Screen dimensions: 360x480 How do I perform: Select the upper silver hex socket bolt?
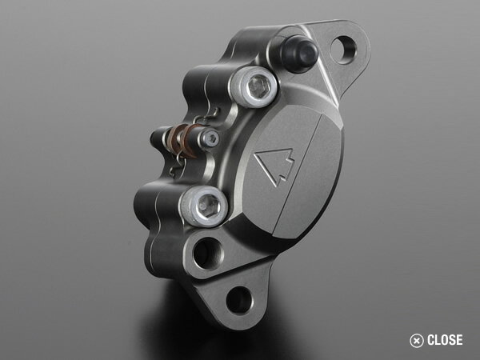pyautogui.click(x=257, y=86)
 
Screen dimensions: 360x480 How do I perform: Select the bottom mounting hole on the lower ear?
pyautogui.click(x=238, y=301)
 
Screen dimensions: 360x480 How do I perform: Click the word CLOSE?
pyautogui.click(x=445, y=340)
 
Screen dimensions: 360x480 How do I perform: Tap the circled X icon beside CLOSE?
pyautogui.click(x=417, y=340)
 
